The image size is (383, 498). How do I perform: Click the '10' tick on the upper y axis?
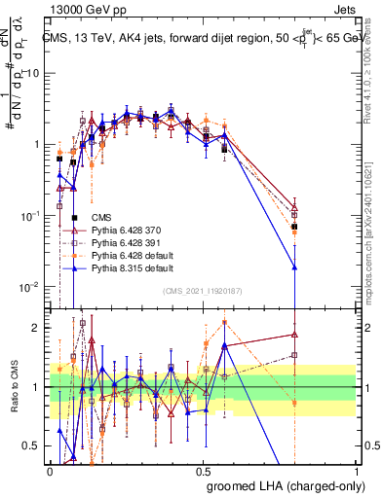point(35,73)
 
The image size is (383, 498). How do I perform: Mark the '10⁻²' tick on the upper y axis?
point(32,287)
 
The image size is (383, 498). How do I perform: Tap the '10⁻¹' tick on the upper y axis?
point(32,216)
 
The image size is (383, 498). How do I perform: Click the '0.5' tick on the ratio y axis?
point(33,445)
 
